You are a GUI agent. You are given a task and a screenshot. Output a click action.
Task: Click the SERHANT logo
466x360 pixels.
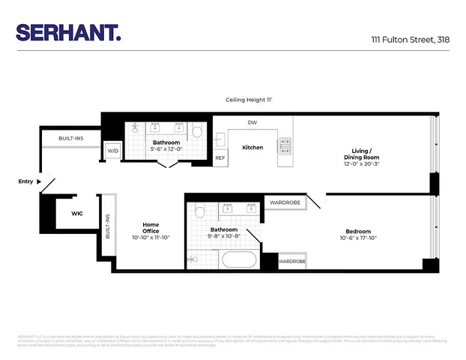point(68,32)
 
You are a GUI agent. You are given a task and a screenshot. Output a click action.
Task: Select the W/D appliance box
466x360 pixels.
point(113,151)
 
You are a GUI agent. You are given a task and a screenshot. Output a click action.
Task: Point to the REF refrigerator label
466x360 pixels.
point(220,158)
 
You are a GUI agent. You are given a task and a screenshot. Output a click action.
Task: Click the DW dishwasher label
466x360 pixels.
point(252,122)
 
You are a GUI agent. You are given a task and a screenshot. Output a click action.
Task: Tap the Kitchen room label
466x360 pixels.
point(252,147)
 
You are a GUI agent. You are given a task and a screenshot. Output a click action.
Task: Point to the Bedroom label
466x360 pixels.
point(358,231)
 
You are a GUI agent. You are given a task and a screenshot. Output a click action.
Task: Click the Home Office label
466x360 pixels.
point(151,227)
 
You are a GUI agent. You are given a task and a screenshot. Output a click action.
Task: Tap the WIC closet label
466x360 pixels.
point(76,213)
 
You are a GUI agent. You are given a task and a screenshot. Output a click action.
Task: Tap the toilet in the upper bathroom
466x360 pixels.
point(197,132)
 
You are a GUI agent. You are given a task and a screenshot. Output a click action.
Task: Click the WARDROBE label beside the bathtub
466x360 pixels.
point(292,262)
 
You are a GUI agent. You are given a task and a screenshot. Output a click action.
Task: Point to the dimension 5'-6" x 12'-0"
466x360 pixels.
point(166,150)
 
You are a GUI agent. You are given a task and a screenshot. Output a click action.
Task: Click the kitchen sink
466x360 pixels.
point(220,139)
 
